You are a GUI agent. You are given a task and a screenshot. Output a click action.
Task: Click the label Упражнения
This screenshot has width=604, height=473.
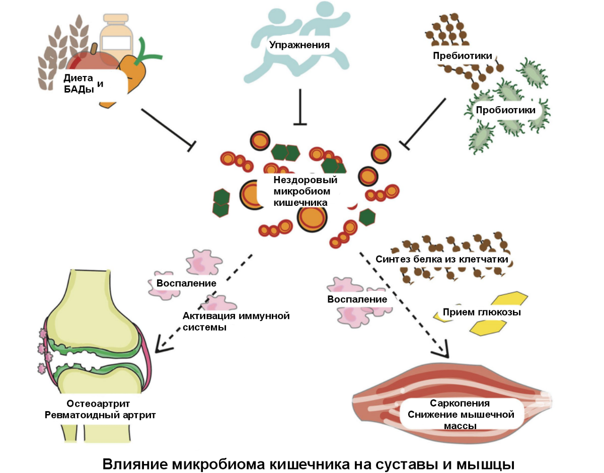pos(299,45)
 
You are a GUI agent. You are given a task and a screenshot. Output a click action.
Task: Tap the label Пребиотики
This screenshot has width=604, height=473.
pos(462,56)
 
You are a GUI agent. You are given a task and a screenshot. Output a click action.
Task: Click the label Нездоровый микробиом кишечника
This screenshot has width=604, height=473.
pos(305,191)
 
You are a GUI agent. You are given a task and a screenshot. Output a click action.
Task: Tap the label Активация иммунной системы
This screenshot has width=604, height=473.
pos(237,321)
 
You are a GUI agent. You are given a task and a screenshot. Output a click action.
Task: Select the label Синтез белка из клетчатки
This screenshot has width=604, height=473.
pos(441,260)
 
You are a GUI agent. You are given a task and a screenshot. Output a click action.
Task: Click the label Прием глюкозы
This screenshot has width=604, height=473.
pos(481,312)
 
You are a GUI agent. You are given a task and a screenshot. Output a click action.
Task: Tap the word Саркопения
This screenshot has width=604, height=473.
pos(460,404)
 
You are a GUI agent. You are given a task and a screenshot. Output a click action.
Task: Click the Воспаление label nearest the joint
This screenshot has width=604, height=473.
pos(186,283)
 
